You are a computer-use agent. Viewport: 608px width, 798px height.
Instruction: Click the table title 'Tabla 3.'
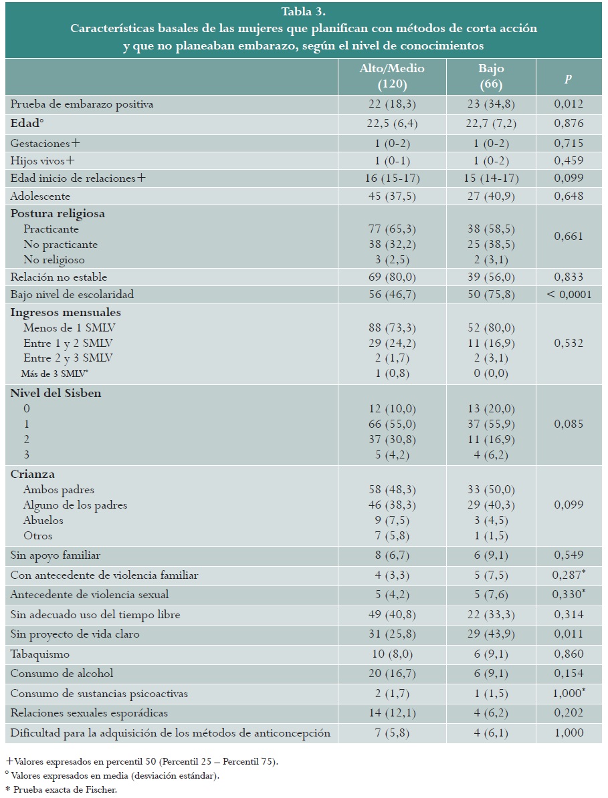(303, 11)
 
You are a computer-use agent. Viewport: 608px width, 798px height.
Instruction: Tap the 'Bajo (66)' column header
(491, 76)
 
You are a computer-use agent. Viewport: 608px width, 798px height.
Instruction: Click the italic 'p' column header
(569, 78)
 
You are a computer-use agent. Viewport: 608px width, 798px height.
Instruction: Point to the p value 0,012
(569, 104)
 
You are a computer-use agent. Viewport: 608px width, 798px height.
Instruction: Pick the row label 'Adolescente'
(40, 196)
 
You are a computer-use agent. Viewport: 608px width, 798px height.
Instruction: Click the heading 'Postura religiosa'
(58, 214)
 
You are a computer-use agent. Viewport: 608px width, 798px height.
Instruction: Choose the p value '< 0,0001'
(569, 295)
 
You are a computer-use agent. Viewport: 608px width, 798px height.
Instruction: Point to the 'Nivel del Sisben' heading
(56, 393)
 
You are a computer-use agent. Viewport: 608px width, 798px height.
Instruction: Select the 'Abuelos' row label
(43, 520)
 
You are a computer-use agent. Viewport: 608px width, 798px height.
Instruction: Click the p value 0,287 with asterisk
(570, 575)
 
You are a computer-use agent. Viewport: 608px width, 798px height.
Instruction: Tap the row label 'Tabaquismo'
(40, 654)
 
